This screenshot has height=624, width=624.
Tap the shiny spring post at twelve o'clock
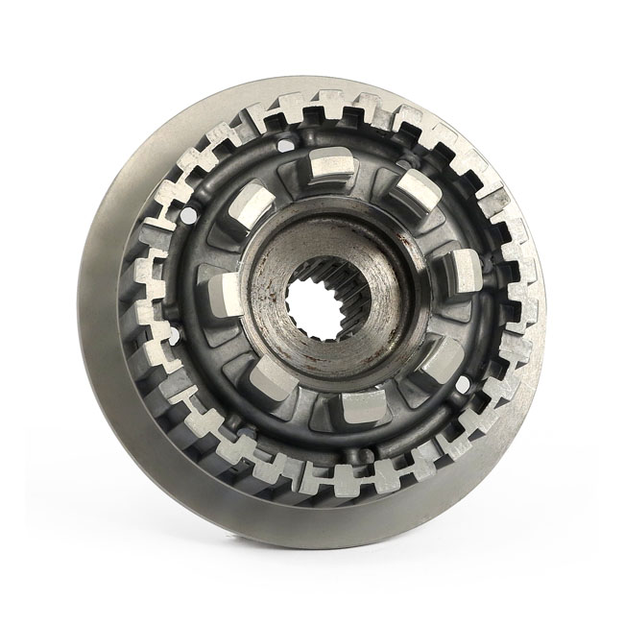[x=331, y=173]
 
